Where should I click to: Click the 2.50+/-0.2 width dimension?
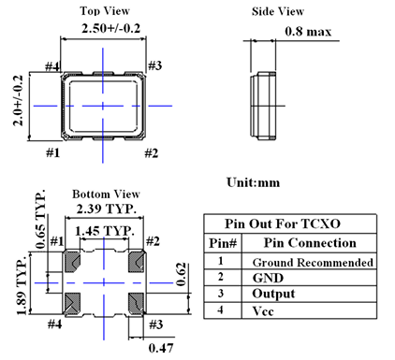(110, 28)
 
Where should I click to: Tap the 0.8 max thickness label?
(308, 32)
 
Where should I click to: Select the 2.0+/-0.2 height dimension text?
(18, 100)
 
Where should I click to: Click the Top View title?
(105, 11)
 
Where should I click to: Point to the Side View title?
(278, 11)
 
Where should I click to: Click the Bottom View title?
(106, 194)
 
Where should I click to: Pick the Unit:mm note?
(253, 182)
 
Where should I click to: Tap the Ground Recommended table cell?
(313, 263)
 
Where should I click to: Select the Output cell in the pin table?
(273, 294)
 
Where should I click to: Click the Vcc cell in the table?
(263, 311)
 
